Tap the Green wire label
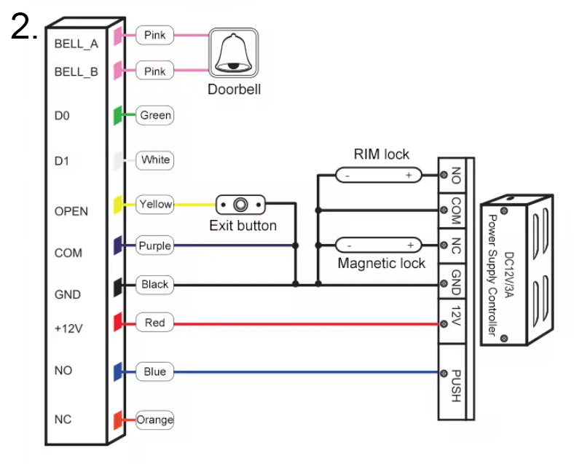click(155, 115)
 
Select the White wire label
click(155, 160)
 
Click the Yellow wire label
click(155, 204)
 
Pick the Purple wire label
click(155, 245)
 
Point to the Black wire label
click(155, 284)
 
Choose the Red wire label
click(155, 323)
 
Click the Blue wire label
click(155, 371)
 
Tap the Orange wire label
click(155, 420)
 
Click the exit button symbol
click(242, 204)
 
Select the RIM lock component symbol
click(378, 175)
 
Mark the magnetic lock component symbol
click(379, 245)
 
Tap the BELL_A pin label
click(76, 44)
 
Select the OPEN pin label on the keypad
click(71, 211)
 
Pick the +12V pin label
click(70, 329)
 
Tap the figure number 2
click(23, 27)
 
